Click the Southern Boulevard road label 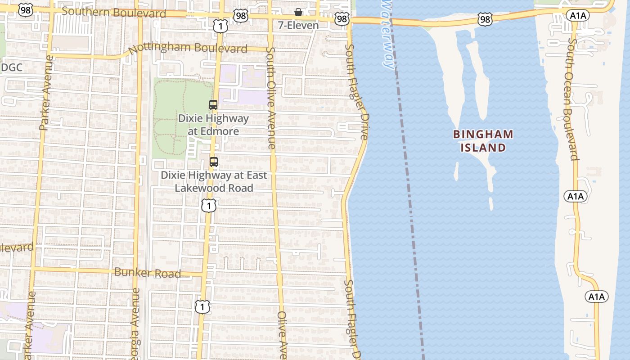114,12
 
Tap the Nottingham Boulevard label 188,48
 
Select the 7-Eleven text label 298,25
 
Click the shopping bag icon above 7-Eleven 298,12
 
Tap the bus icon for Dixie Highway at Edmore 213,105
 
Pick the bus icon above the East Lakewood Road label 214,162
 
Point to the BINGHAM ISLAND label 483,141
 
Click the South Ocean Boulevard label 570,99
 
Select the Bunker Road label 148,273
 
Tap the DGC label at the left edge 12,67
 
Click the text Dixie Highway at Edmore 213,125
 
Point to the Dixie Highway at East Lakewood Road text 214,181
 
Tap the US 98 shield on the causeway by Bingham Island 485,19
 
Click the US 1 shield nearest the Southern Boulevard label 220,27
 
